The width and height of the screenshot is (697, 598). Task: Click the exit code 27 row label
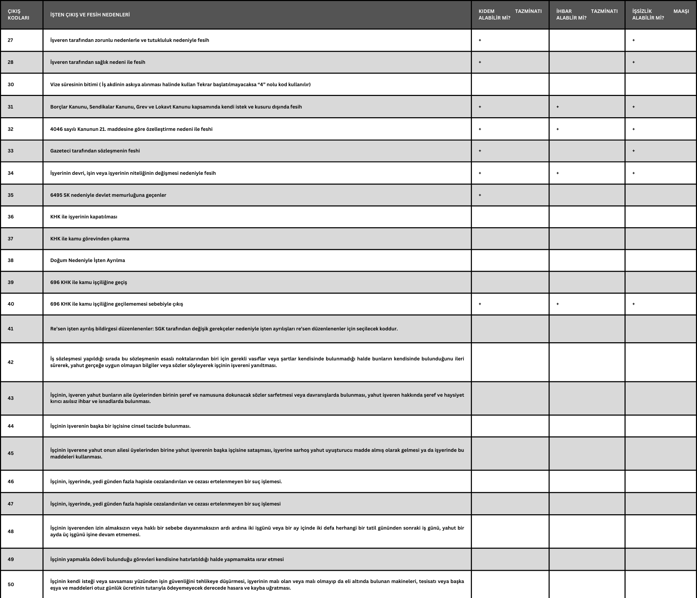tap(10, 40)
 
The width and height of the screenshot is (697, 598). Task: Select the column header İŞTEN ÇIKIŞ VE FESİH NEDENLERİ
tap(90, 15)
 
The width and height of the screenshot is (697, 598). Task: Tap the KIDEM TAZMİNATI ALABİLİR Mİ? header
tap(510, 14)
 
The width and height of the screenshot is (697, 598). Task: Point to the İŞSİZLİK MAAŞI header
tap(660, 14)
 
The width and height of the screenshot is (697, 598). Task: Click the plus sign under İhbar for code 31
tap(558, 107)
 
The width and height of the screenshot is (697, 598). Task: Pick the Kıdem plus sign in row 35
tap(480, 195)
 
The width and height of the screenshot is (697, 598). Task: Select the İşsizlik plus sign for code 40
tap(634, 304)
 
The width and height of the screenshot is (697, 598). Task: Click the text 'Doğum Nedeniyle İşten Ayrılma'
tap(87, 260)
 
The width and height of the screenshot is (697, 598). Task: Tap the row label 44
tap(11, 426)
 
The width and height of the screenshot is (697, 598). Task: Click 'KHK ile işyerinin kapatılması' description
tap(84, 217)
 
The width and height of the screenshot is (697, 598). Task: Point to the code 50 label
tap(11, 584)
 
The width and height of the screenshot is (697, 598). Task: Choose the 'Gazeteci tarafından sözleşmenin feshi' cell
tap(95, 151)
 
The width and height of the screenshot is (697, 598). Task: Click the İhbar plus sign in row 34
tap(558, 173)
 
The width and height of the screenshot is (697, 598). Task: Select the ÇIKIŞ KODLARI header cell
tap(18, 14)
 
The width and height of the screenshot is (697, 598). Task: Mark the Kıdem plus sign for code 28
tap(480, 62)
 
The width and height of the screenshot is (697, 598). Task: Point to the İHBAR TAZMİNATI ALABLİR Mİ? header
tap(587, 14)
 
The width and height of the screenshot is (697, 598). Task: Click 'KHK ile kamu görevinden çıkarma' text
tap(90, 239)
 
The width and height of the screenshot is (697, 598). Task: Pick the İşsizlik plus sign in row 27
tap(634, 40)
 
